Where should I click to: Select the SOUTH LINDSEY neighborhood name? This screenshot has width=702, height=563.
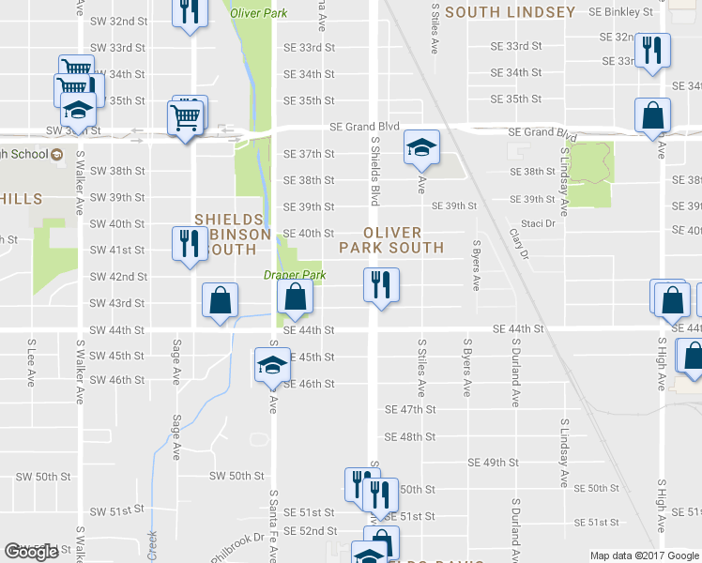[x=510, y=12]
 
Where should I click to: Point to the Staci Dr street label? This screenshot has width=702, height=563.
[x=540, y=224]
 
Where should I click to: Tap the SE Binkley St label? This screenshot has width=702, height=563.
[x=620, y=11]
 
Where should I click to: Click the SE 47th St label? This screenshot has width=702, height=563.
[x=411, y=410]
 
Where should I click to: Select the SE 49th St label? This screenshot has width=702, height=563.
[x=493, y=463]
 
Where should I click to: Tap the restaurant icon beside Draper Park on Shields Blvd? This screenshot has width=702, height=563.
[x=381, y=283]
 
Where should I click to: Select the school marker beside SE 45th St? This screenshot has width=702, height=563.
[x=272, y=363]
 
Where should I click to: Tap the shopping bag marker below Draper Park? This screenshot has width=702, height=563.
[x=295, y=298]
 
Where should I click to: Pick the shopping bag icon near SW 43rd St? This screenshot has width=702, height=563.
[x=220, y=302]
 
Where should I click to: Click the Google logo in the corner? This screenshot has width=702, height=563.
[x=32, y=552]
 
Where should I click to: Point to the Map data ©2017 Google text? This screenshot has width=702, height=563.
[x=644, y=555]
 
